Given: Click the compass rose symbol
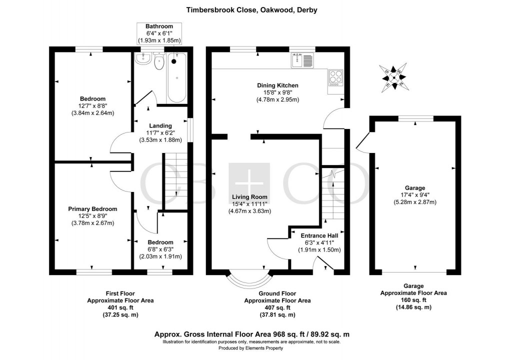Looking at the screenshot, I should (x=394, y=77).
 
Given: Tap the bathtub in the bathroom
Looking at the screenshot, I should (x=176, y=77).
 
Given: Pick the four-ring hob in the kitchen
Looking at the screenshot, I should (x=334, y=77).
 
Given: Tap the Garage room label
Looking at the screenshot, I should (x=414, y=188).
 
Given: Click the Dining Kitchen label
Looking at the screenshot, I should (x=277, y=85).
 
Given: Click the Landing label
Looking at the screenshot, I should (x=160, y=125).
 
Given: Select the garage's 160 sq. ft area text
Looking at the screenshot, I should (x=413, y=300).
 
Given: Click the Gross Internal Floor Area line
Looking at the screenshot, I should (x=254, y=333).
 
